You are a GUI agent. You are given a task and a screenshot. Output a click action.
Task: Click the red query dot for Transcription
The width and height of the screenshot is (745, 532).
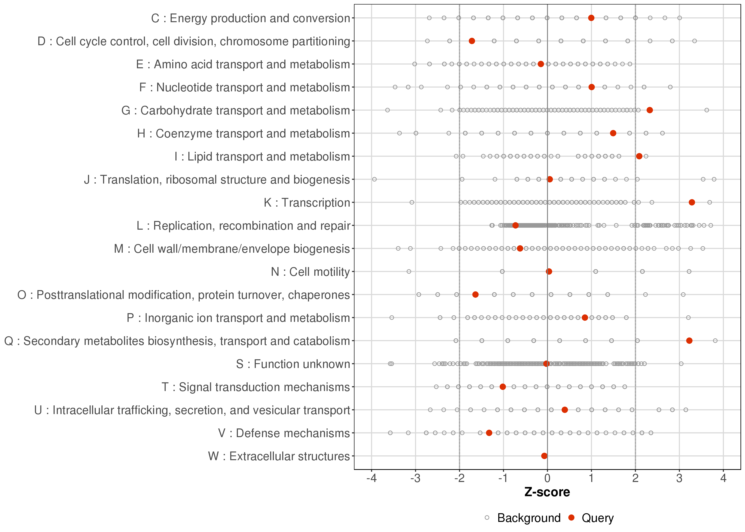pos(692,203)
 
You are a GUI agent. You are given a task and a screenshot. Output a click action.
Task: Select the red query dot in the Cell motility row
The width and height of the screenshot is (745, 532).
pos(549,271)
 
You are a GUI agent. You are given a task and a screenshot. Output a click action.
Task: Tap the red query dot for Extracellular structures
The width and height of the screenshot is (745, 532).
pos(544,456)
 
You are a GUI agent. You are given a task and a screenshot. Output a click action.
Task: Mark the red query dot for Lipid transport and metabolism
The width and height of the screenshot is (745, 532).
pos(639,156)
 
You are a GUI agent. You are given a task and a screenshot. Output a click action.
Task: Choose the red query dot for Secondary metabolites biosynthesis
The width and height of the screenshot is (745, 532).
pos(689,341)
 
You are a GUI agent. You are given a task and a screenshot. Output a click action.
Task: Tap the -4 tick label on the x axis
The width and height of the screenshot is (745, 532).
pos(371,479)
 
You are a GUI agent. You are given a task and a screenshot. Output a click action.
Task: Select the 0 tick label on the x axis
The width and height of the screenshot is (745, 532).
pos(547,479)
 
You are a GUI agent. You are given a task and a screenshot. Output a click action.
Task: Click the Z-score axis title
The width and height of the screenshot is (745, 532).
pos(547,492)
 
